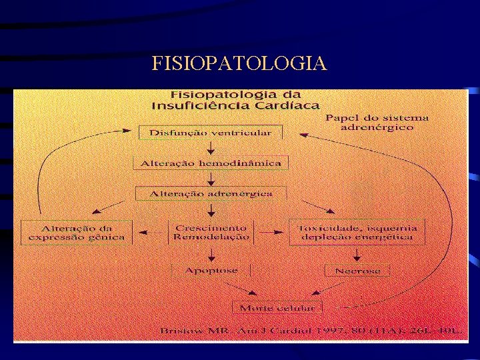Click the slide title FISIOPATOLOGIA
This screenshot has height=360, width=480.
[239, 63]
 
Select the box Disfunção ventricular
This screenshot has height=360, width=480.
[210, 133]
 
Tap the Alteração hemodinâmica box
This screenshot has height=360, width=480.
[211, 163]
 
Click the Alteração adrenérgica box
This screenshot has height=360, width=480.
[211, 193]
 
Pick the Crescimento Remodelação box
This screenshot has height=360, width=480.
[211, 232]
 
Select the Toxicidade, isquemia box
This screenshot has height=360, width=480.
[357, 232]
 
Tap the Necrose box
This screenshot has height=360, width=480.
[357, 271]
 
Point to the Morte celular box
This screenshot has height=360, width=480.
[277, 308]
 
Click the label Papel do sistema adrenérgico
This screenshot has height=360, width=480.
[377, 123]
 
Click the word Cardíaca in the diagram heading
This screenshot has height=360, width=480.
[293, 105]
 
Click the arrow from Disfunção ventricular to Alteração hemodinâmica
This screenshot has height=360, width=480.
[211, 147]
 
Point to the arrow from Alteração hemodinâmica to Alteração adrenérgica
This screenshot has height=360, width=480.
[211, 178]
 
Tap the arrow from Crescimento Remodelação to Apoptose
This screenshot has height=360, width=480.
[211, 253]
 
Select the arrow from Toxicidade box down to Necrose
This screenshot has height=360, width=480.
[357, 253]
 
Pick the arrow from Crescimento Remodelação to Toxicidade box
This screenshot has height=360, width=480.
[269, 232]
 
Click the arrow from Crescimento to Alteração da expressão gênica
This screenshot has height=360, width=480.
[150, 233]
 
